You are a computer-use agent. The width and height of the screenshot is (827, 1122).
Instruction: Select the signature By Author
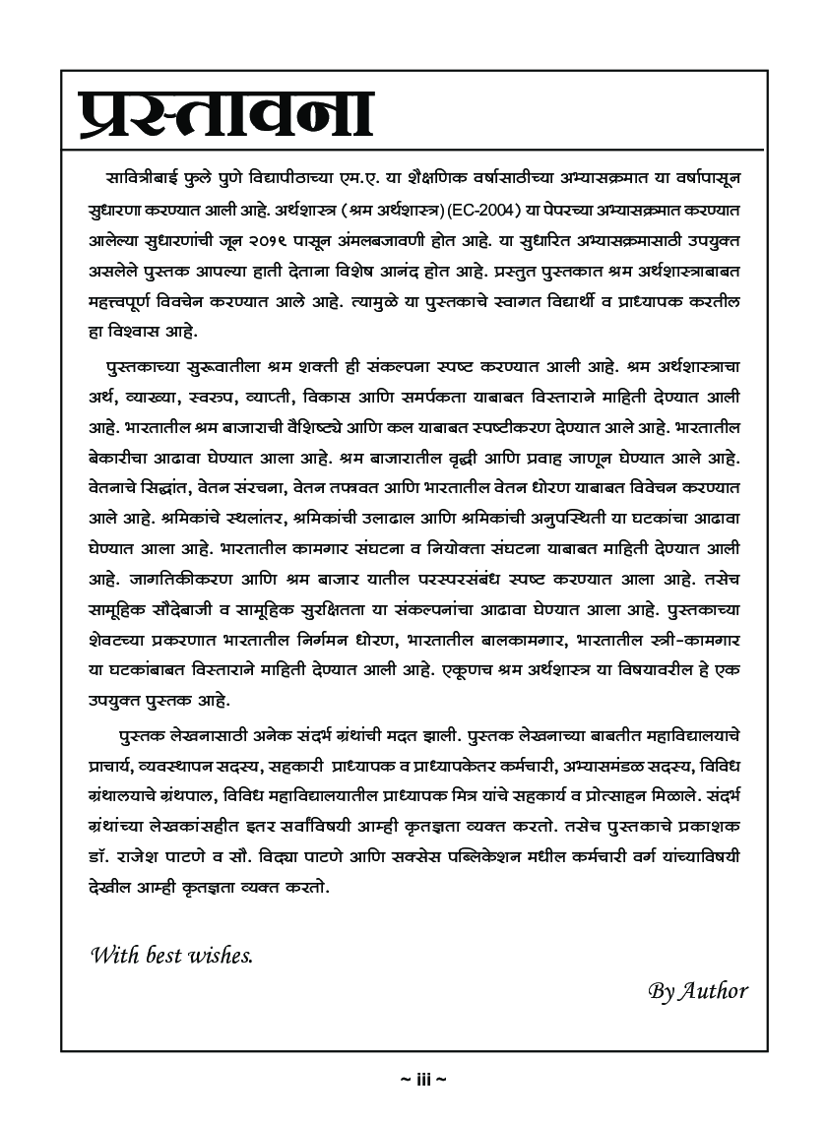click(x=698, y=990)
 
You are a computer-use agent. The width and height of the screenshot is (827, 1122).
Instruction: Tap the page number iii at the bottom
click(x=424, y=1080)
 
